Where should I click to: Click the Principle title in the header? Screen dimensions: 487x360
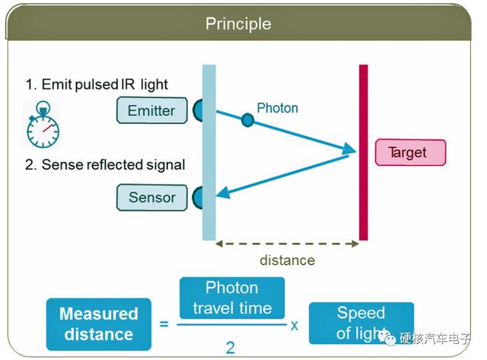point(238,24)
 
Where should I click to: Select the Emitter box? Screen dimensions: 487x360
point(152,110)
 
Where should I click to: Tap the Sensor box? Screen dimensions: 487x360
point(152,198)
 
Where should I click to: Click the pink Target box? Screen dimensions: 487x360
point(410,152)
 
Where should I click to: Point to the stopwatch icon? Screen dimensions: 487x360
point(43,124)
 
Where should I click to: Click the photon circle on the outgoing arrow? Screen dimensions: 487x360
point(247,120)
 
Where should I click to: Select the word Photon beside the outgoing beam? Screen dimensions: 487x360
point(277,108)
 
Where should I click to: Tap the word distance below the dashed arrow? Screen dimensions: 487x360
point(288,260)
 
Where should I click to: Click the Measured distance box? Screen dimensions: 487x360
point(99,324)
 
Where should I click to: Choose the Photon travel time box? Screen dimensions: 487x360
point(232,298)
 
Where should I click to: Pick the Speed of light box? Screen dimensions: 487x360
point(361,323)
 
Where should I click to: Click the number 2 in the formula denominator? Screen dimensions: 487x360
point(230,348)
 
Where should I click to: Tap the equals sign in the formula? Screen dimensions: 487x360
point(164,324)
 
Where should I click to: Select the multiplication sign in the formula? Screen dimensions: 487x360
point(294,325)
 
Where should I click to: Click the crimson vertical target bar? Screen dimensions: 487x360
point(364,152)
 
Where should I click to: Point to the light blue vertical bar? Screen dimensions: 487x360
point(209,152)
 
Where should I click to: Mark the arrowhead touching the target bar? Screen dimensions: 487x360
point(349,148)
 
